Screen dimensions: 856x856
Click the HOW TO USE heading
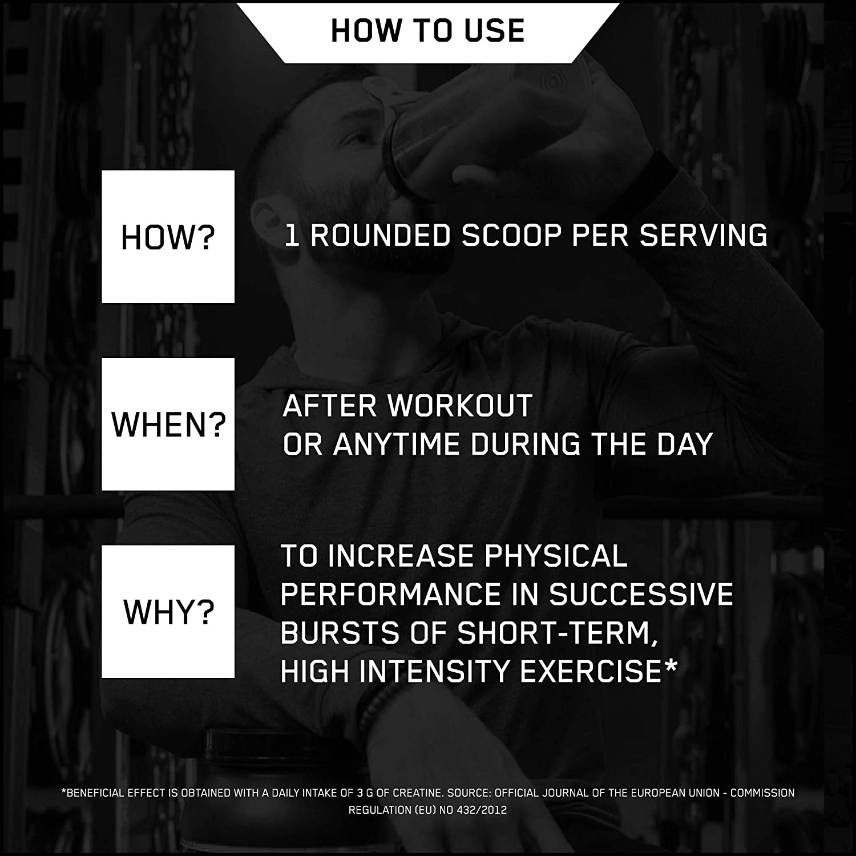tap(427, 31)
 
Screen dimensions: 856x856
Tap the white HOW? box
tap(168, 236)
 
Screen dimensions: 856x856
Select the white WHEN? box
tap(168, 424)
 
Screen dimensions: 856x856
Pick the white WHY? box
tap(168, 612)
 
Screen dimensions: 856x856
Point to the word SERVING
tap(704, 235)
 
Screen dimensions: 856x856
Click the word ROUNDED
tap(381, 235)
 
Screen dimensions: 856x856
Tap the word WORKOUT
tap(460, 406)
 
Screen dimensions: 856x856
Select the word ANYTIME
tap(397, 444)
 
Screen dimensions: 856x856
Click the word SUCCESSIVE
tap(641, 594)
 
